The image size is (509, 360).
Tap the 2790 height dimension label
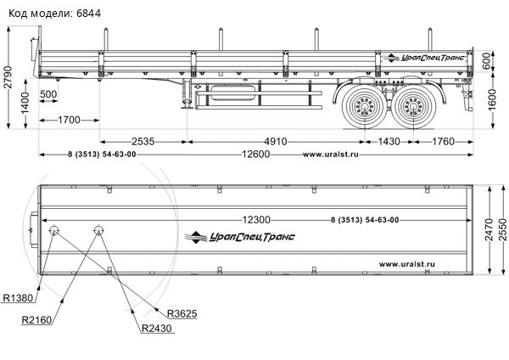tap(8, 76)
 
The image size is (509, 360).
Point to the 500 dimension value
tap(48, 93)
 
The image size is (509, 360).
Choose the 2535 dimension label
tap(142, 141)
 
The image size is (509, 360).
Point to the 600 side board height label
tap(488, 62)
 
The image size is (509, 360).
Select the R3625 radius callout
tap(182, 313)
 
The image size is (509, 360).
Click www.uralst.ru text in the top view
tap(406, 263)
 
